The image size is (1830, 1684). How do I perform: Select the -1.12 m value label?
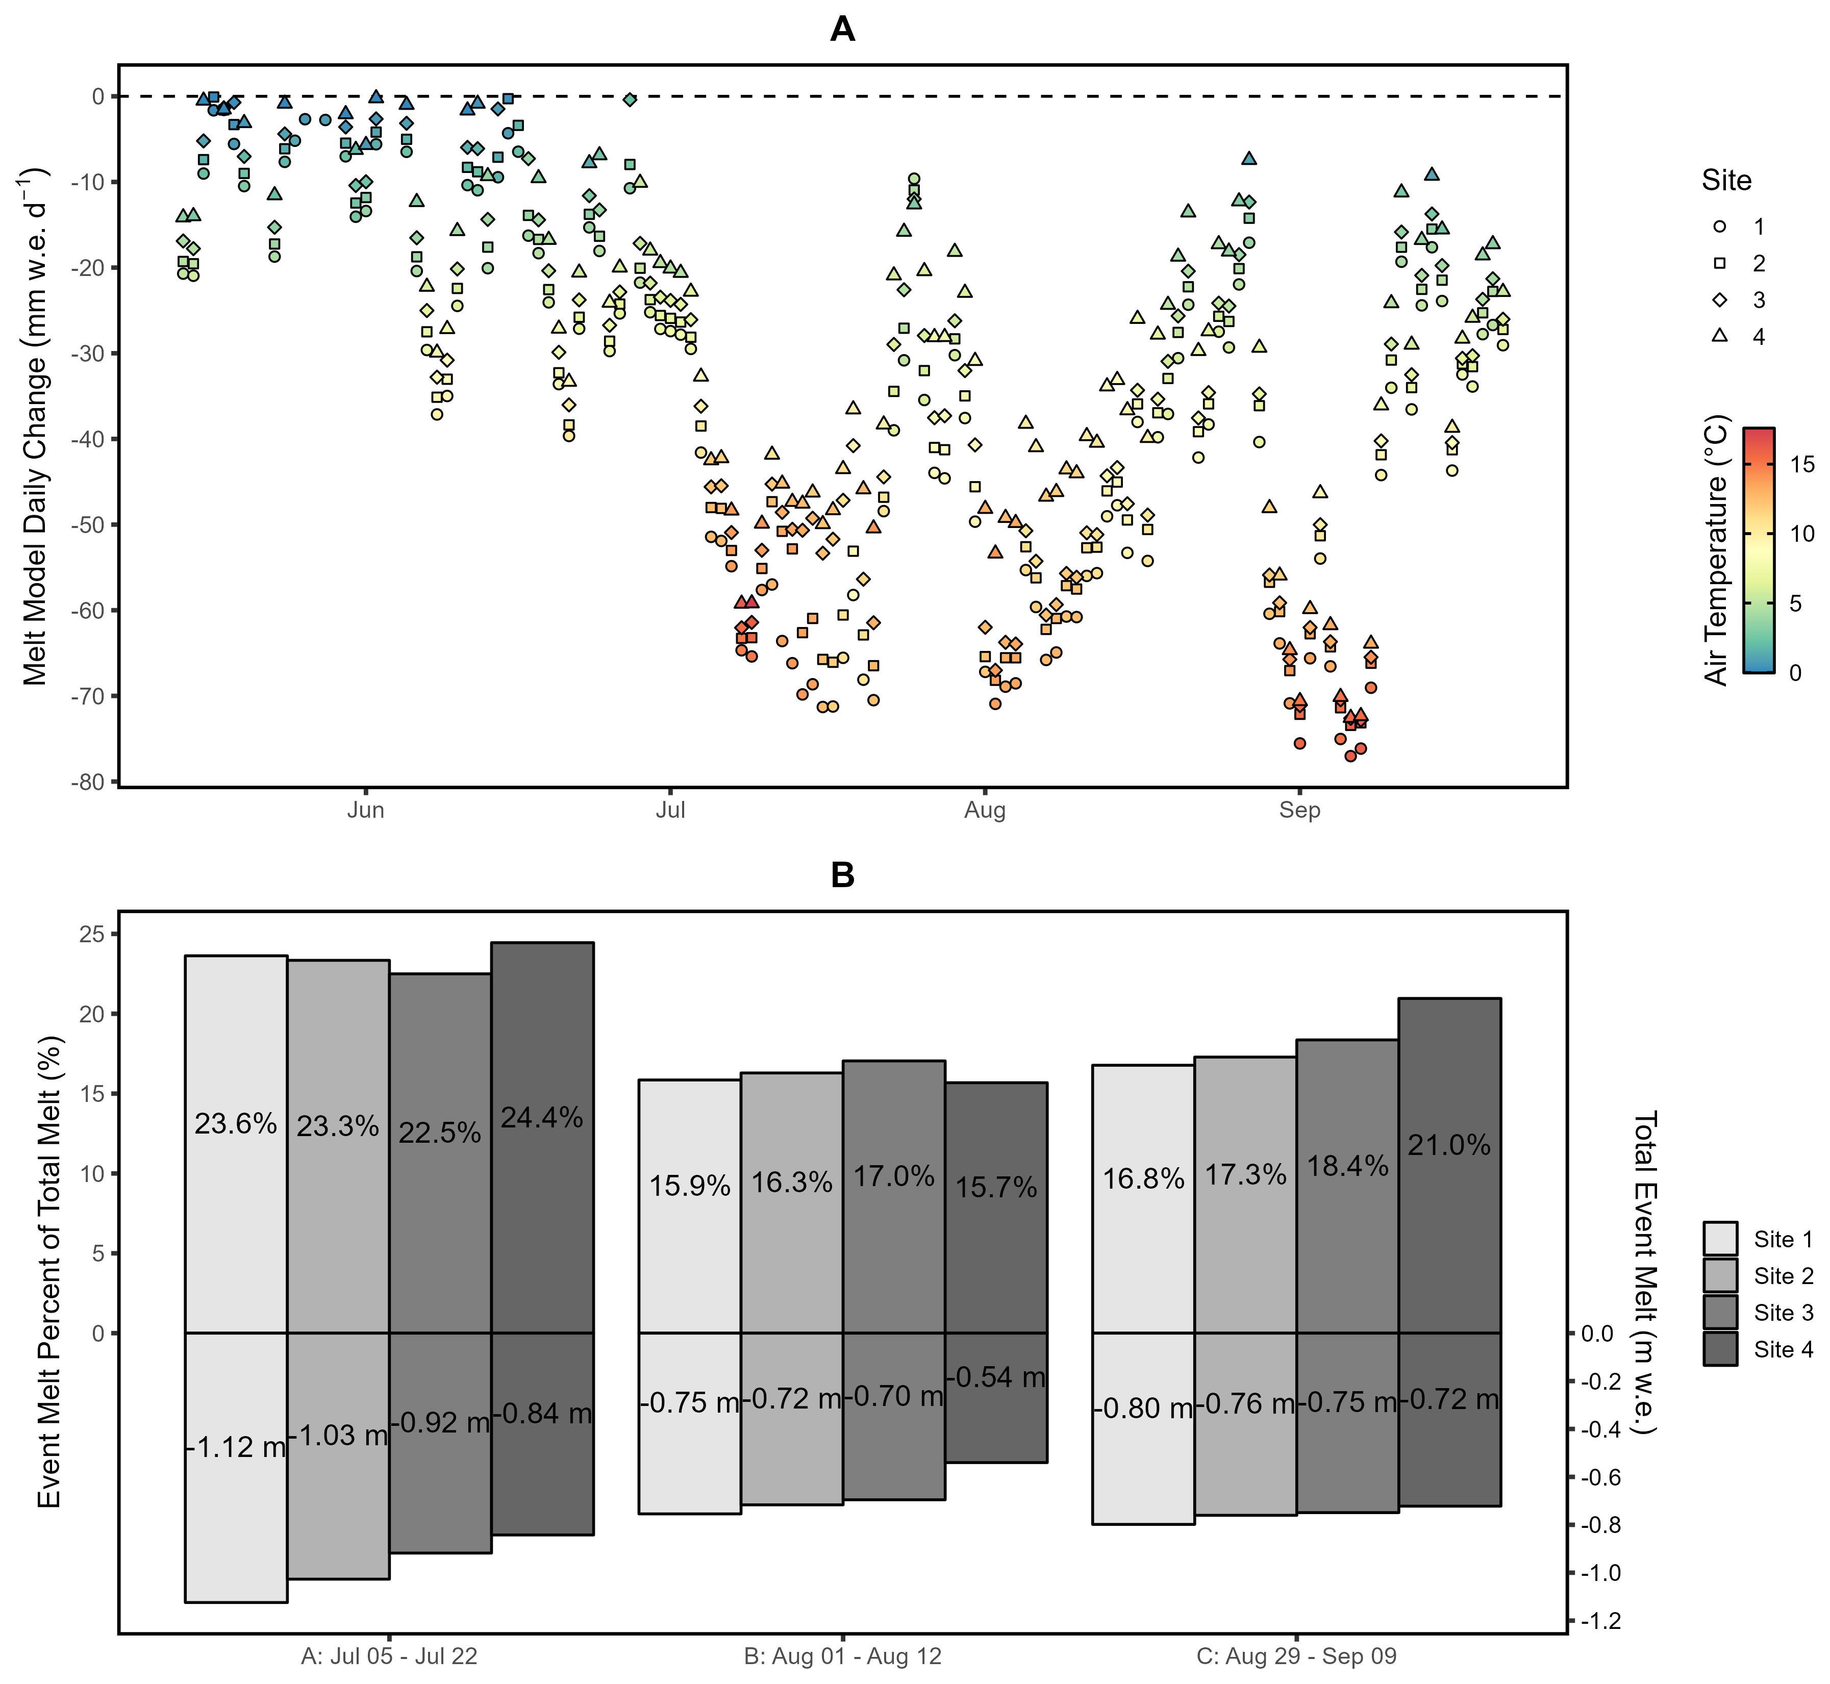coord(236,1446)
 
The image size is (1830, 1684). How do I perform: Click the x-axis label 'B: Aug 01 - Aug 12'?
coord(842,1656)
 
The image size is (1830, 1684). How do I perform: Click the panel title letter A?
coord(842,30)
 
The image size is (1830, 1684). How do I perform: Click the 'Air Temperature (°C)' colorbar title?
coord(1716,549)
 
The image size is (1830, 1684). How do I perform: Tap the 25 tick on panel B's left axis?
coord(92,934)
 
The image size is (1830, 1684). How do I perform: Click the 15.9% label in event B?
coord(690,1186)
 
